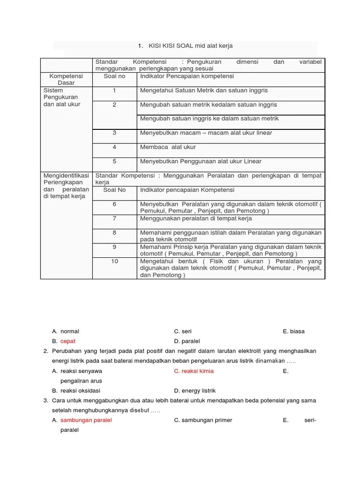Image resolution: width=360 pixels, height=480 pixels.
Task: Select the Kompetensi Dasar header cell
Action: [x=66, y=79]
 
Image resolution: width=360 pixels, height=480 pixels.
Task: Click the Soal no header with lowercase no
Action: [x=114, y=76]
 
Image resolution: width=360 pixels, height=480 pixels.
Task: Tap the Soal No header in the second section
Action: [x=114, y=190]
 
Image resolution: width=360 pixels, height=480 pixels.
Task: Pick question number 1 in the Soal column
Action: [x=114, y=90]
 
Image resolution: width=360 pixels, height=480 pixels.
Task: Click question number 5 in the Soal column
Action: [x=114, y=161]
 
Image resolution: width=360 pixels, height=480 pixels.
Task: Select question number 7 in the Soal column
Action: [x=114, y=218]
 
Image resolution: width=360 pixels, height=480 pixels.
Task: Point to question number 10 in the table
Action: [x=114, y=261]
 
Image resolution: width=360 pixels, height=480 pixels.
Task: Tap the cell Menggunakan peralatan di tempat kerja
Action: [x=196, y=218]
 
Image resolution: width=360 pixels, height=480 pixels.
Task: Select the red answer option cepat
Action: [x=67, y=341]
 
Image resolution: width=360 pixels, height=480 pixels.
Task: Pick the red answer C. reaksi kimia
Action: [x=194, y=371]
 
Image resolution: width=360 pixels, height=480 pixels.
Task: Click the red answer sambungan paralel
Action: [x=86, y=420]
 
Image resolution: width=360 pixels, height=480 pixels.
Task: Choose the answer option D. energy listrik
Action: [x=195, y=390]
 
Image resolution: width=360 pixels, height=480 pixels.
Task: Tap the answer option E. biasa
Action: [x=293, y=331]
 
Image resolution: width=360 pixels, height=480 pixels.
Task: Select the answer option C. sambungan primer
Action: [x=202, y=420]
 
